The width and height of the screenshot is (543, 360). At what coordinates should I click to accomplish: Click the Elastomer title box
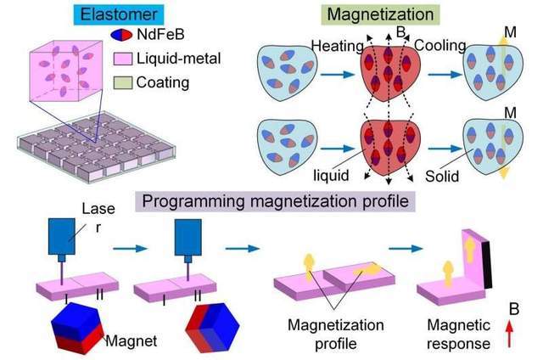119,15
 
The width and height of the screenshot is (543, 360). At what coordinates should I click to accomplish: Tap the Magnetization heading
380,15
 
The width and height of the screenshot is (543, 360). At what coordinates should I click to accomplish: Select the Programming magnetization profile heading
275,201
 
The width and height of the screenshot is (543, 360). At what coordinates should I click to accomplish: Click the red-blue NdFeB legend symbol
121,35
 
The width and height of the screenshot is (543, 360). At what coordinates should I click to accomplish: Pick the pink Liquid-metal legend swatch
122,59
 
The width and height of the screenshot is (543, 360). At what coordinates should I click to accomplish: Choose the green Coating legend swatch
122,82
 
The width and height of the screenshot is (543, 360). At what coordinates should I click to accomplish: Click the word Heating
337,46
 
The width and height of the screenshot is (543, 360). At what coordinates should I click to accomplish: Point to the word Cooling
439,45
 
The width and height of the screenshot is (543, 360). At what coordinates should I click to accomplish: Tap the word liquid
331,175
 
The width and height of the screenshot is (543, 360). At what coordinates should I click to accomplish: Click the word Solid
442,176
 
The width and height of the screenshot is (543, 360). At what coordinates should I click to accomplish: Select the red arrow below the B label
509,334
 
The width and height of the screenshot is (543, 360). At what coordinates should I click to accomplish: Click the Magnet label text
132,341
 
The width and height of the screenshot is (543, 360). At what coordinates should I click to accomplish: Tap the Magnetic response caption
458,335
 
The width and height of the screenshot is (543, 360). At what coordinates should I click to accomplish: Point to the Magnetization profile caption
336,335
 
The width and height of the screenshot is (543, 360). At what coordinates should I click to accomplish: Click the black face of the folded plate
487,265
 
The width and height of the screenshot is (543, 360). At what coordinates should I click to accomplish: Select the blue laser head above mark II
188,238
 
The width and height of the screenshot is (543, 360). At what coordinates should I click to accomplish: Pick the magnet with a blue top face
77,328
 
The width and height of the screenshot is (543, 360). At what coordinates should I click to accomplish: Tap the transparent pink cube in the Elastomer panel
66,71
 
